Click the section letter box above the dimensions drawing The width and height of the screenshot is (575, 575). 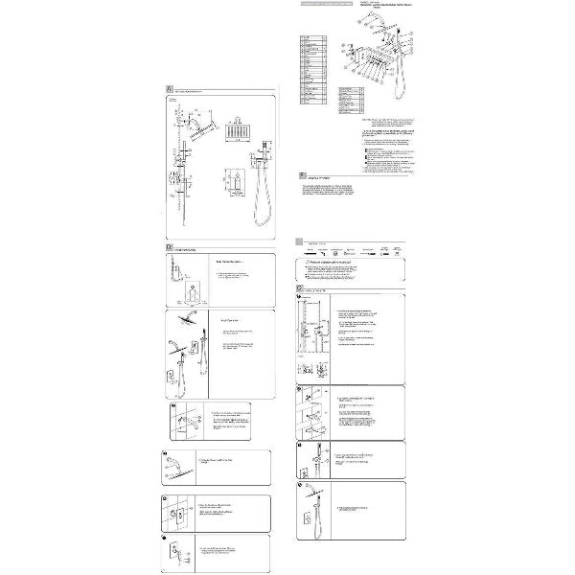tap(169, 89)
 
